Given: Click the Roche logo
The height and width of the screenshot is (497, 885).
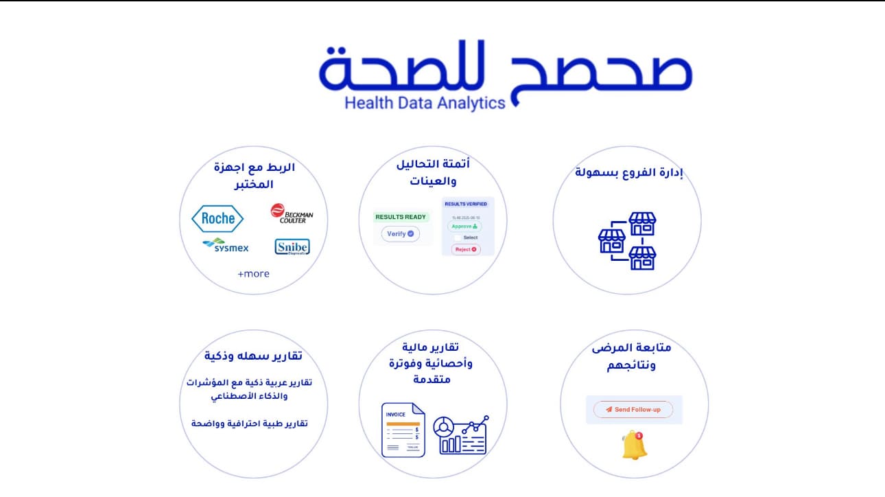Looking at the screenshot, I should point(217,219).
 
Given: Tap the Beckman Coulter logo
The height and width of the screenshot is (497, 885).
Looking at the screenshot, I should point(292,213).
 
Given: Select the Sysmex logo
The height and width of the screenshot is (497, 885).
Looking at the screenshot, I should point(226,246).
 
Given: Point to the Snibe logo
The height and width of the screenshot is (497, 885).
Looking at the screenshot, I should point(292,247).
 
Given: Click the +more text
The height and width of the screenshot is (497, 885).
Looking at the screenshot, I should point(253,274).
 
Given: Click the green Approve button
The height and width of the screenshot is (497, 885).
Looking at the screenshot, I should point(464,226).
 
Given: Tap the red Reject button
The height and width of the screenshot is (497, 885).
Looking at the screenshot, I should point(466,249).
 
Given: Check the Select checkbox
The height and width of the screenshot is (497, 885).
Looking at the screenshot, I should point(458,238).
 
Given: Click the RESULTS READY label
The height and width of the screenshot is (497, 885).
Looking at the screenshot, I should point(401,217).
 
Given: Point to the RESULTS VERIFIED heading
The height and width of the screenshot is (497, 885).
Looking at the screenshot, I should point(466,204).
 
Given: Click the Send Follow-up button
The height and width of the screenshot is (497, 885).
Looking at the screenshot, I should point(633,410).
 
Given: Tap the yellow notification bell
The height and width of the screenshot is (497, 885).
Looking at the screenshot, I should point(634,446).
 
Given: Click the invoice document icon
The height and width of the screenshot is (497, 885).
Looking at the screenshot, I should point(403,430).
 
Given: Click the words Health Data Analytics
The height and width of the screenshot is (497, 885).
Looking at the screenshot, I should point(425,103).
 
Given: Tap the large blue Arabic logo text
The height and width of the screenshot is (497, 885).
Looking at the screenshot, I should point(506,69).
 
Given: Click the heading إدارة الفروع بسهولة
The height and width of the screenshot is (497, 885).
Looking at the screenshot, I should point(628,172).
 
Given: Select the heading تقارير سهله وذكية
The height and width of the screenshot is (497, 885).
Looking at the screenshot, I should point(253,356).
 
